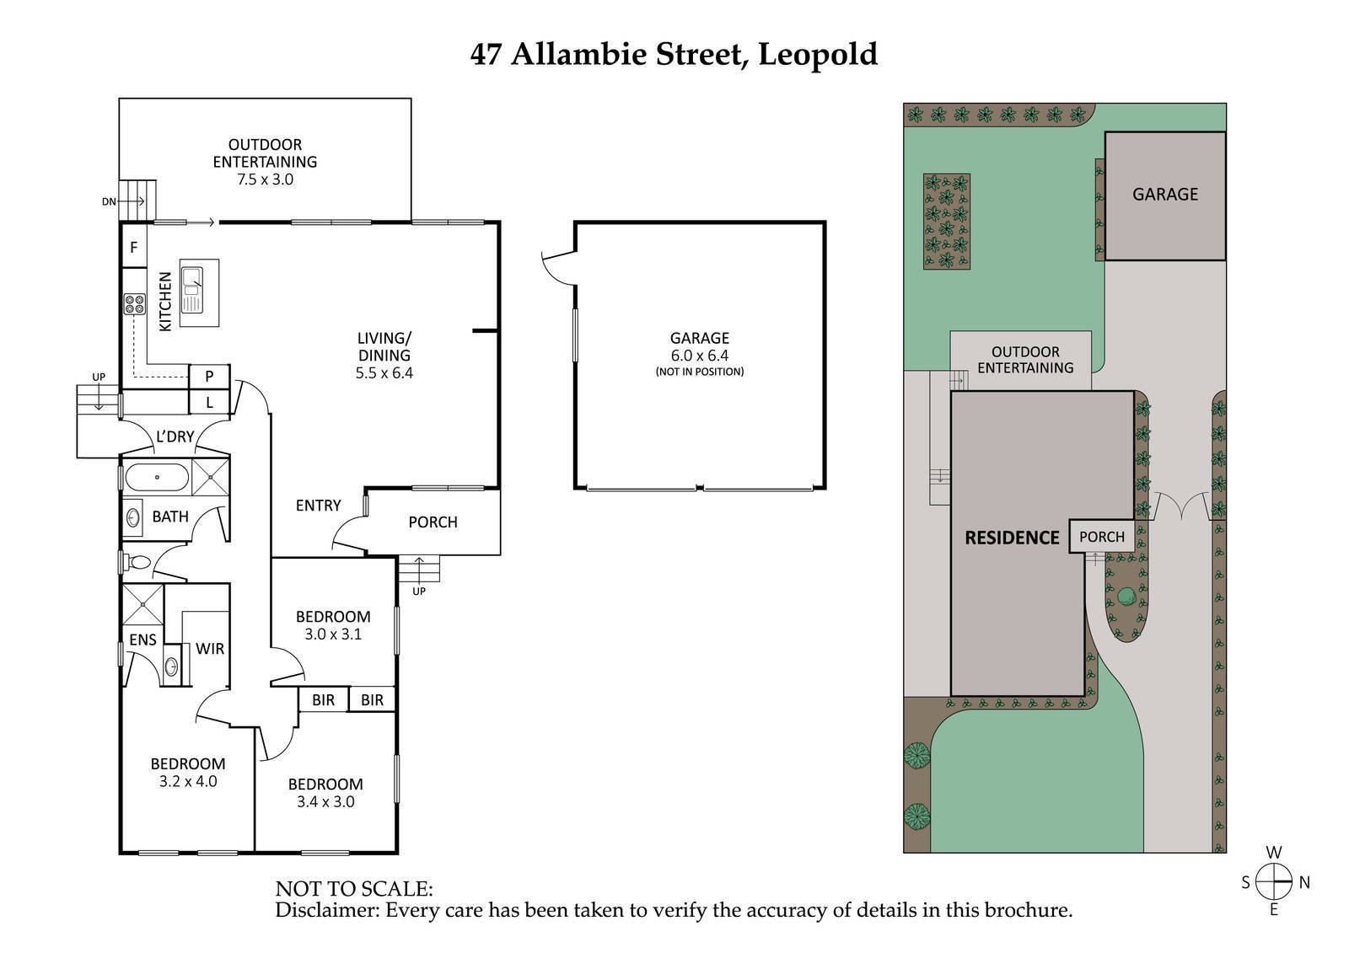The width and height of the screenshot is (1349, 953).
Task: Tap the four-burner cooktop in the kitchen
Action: pos(134,303)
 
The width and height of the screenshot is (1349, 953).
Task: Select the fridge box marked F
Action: pos(133,248)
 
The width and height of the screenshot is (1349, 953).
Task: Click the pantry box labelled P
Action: pos(209,377)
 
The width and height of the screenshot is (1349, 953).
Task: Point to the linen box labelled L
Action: pos(209,402)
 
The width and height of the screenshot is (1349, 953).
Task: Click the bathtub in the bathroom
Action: pos(157,479)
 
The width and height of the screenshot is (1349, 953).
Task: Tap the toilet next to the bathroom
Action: pos(137,562)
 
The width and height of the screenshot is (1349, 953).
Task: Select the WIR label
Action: pos(210,648)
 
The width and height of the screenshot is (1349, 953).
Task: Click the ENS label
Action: pos(142,640)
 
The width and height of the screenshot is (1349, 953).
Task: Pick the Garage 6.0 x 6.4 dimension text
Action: pos(700,356)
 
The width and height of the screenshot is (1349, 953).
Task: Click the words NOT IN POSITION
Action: pos(700,372)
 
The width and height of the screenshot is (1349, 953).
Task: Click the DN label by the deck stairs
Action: pos(109,201)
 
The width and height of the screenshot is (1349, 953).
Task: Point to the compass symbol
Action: pos(1274,882)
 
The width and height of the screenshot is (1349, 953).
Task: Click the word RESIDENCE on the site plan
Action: pos(1012,538)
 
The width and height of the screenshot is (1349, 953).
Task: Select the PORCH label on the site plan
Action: pos(1101,537)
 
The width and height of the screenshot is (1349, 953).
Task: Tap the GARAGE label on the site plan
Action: pos(1164,194)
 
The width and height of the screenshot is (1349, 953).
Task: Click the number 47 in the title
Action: pos(486,54)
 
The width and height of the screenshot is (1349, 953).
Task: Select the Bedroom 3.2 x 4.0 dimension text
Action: pos(188,781)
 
